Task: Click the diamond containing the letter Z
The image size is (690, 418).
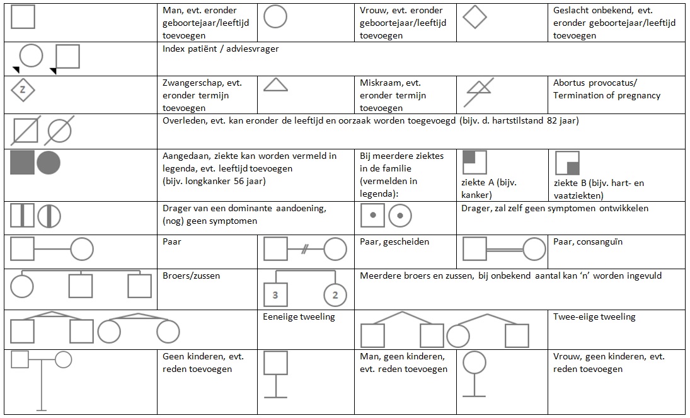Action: (23, 89)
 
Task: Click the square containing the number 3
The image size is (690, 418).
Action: (275, 294)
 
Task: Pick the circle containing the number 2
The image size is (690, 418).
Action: (335, 294)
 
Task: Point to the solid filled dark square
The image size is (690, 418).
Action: (22, 163)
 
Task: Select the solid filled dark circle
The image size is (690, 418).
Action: (49, 163)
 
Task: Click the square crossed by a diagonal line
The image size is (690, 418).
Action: (25, 131)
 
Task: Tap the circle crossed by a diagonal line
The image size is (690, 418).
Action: (60, 131)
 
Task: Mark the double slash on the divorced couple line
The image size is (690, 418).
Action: (304, 249)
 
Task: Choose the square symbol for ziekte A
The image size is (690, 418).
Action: (474, 163)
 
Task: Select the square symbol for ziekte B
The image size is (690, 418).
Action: (566, 163)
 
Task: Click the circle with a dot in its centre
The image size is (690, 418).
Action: (400, 216)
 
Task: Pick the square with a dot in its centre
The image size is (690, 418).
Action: (372, 216)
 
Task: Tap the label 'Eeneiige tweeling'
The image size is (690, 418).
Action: (299, 316)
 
